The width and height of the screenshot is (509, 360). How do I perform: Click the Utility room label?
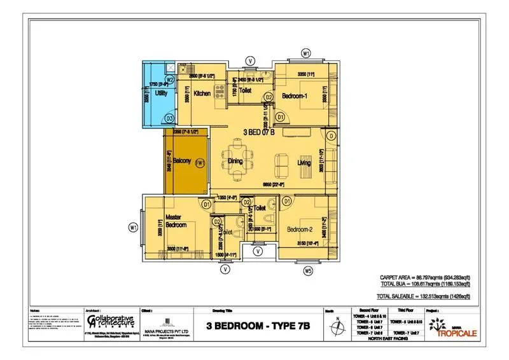click(x=161, y=94)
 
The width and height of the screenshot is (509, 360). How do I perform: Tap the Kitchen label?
click(x=202, y=94)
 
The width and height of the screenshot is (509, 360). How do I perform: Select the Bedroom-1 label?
click(x=296, y=97)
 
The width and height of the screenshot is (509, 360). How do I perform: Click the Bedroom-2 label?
click(x=298, y=229)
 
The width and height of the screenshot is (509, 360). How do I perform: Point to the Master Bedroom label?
click(x=176, y=221)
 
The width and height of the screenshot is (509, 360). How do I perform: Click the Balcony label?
click(x=182, y=162)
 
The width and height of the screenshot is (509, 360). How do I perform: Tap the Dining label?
click(x=236, y=162)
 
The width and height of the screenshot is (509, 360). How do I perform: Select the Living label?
click(x=304, y=163)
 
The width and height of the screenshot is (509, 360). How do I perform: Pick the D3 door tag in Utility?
click(x=170, y=118)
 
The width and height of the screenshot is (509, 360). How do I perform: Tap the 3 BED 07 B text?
click(x=259, y=132)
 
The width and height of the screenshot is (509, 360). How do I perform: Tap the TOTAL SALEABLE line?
click(x=423, y=296)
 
